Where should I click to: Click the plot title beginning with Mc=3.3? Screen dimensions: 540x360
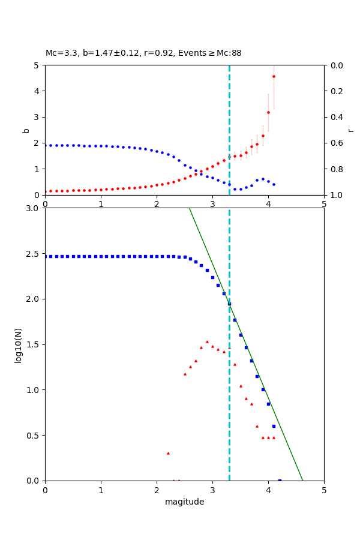point(143,53)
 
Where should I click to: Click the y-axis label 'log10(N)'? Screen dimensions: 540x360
point(19,344)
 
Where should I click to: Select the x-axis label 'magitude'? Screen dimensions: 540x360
point(184,502)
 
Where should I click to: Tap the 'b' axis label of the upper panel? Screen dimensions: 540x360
point(26,130)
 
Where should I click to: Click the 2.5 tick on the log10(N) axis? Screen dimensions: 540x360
point(34,254)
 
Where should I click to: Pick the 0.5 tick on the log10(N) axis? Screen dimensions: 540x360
point(34,436)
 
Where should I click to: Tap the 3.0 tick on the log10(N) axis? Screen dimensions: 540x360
point(34,208)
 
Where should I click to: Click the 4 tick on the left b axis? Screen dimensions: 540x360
point(37,91)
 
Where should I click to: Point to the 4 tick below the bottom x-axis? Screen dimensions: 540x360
point(268,490)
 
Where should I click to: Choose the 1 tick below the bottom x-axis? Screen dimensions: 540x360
point(101,490)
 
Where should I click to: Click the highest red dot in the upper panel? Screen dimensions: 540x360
point(274,76)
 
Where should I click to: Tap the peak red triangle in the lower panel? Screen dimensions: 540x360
point(207,341)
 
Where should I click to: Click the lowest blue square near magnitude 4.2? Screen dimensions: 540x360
point(280,480)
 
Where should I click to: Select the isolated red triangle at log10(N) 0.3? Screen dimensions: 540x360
point(168,453)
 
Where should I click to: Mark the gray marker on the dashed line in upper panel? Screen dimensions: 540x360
point(229,157)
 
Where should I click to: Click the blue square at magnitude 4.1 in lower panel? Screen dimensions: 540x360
point(274,426)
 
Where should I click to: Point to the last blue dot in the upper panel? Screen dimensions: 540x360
point(274,184)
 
